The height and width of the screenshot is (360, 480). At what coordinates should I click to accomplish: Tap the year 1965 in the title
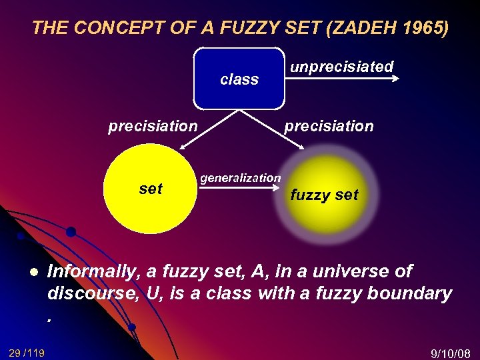[425, 28]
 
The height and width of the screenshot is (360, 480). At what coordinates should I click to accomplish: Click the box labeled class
[239, 79]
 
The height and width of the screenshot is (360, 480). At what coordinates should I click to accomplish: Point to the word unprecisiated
[341, 67]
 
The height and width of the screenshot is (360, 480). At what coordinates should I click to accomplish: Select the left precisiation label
[153, 126]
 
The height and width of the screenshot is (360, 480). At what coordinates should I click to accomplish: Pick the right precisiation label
[329, 126]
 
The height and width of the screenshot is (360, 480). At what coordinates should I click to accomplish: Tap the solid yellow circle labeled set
[150, 189]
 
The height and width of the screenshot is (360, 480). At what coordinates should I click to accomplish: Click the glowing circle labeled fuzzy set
[323, 193]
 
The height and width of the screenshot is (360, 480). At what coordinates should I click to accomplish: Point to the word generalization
[241, 178]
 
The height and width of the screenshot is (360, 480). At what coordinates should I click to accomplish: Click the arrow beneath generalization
[240, 188]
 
